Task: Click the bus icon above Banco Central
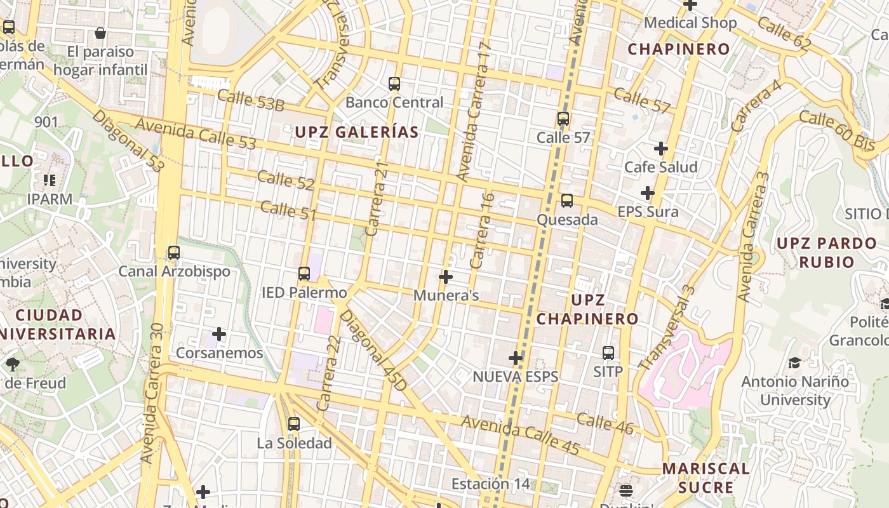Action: (394, 84)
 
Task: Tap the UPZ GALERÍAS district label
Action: (356, 132)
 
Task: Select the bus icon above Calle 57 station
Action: (563, 119)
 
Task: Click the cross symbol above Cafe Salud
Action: (661, 149)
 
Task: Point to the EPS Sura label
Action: (648, 211)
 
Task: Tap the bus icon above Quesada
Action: (567, 201)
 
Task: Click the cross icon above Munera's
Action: (446, 277)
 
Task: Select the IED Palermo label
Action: (304, 293)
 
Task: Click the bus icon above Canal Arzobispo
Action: (174, 253)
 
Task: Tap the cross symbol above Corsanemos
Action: (219, 334)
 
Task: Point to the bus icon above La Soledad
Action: (294, 424)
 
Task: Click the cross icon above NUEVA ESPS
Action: (516, 358)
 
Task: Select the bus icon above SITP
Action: (608, 353)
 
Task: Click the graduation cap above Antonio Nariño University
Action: (794, 363)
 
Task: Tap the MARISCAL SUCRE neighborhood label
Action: (705, 478)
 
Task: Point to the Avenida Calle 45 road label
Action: (520, 435)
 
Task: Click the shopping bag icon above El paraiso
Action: (100, 33)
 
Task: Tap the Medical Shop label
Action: (690, 23)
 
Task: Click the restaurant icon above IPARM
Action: (50, 180)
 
